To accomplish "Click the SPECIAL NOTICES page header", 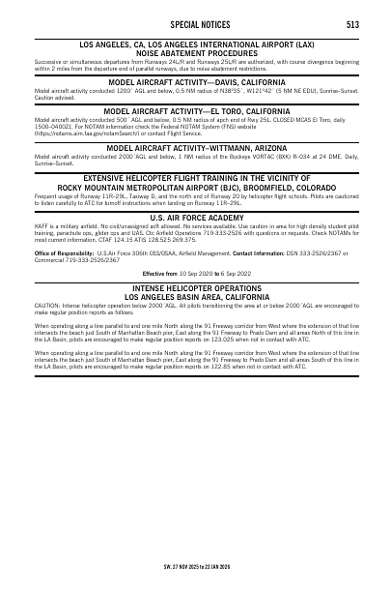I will click(195, 23).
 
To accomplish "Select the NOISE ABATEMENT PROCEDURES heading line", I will click(195, 53).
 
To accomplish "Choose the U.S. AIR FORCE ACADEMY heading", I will click(195, 219).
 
